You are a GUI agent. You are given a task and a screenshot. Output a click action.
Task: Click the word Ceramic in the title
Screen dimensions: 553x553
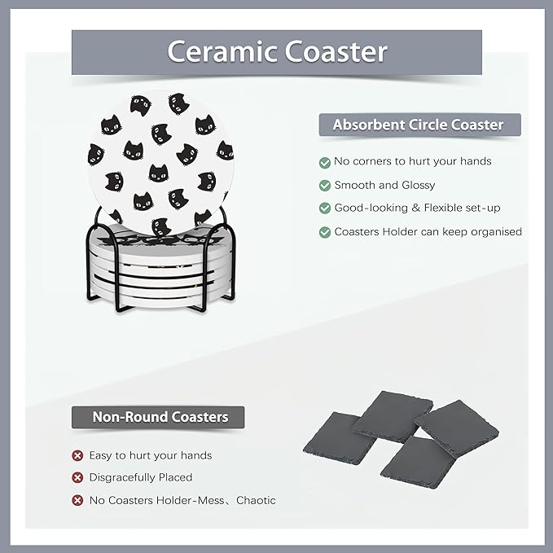coord(214,51)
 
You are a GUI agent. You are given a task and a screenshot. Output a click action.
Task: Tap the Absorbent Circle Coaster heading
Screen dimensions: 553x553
coord(418,125)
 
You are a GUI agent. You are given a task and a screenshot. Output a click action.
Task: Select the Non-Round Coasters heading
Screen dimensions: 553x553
coord(160,417)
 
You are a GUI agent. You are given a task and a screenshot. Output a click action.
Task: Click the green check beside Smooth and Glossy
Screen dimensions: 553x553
coord(325,185)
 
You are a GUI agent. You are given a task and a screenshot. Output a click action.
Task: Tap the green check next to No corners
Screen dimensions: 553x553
coord(325,162)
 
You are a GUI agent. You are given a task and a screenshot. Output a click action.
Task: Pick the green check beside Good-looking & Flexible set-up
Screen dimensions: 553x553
coord(325,208)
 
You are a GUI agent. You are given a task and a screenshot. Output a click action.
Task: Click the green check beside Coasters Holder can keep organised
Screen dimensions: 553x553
coord(325,232)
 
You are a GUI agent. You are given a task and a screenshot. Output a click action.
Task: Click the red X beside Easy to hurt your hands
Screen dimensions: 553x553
coord(77,455)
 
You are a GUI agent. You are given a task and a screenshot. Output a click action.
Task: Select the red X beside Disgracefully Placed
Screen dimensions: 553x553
coord(77,477)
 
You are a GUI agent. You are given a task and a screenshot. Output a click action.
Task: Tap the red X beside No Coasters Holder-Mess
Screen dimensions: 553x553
coord(77,500)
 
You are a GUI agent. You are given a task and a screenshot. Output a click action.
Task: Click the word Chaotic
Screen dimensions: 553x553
coord(256,500)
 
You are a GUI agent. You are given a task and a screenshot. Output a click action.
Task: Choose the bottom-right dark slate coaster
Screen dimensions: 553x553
coord(418,461)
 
